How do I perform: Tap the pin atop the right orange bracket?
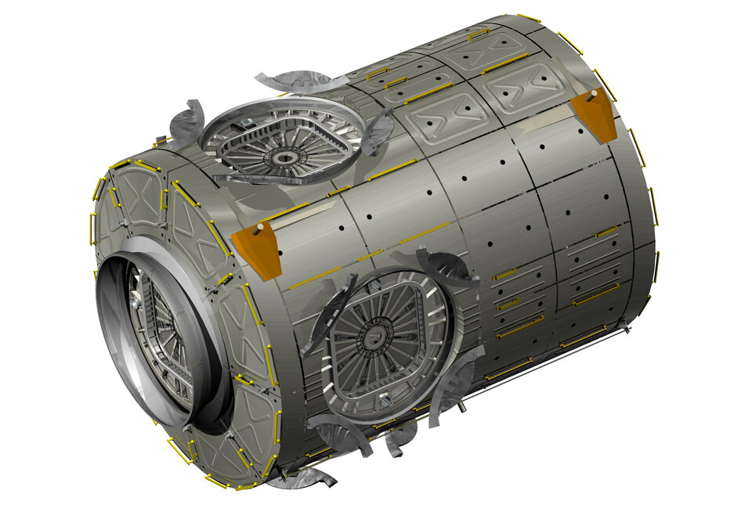coord(593,93)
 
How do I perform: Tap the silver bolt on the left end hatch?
coord(137,301)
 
